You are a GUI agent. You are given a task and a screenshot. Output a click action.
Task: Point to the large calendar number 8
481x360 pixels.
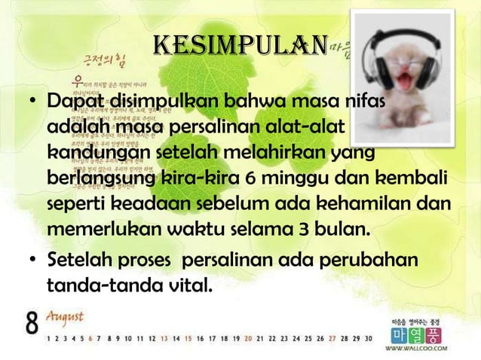point(31,324)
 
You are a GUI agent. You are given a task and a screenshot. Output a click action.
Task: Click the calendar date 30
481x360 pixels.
point(368,339)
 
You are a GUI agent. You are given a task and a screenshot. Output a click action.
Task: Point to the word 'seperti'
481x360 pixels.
point(77,204)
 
